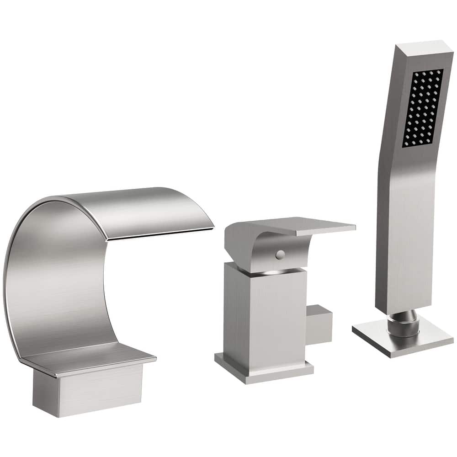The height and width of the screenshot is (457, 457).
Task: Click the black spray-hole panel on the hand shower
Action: click(423, 108)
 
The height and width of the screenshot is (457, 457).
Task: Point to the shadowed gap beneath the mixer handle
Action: click(270, 273)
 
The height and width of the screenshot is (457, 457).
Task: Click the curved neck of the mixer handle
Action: click(247, 249)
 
